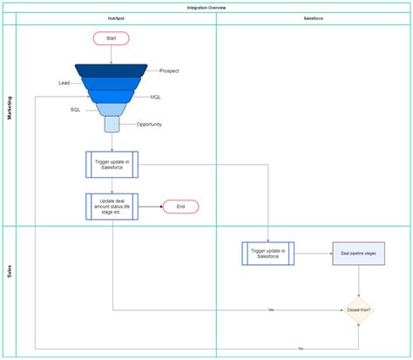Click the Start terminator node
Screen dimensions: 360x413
click(x=111, y=38)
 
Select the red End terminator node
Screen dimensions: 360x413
click(x=180, y=207)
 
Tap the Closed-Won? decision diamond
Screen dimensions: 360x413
click(x=358, y=309)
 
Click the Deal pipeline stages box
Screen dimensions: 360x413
click(x=358, y=254)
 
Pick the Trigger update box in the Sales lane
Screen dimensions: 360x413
click(x=268, y=254)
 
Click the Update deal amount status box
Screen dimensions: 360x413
click(x=112, y=207)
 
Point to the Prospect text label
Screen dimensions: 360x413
click(x=169, y=69)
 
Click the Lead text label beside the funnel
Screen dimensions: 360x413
click(x=64, y=83)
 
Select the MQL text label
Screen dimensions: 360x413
click(x=155, y=97)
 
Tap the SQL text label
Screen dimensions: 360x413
click(x=76, y=110)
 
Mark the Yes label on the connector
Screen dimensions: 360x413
click(x=271, y=309)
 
